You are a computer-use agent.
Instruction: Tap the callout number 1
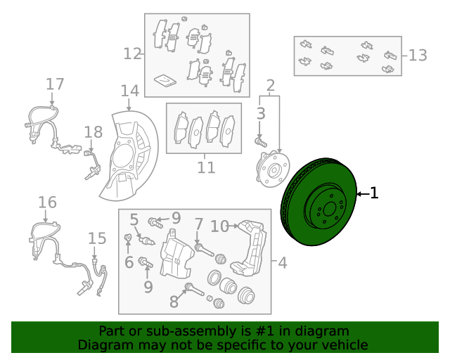click(x=374, y=193)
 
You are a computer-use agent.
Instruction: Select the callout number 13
click(x=418, y=55)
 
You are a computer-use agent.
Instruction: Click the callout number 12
click(x=133, y=53)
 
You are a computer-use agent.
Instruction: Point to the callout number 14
click(x=129, y=91)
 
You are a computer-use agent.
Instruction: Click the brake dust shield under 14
click(x=129, y=155)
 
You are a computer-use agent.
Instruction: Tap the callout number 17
click(x=55, y=84)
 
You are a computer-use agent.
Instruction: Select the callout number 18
click(x=94, y=132)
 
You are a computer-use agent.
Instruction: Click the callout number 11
click(x=206, y=167)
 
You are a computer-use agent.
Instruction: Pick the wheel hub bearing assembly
click(x=273, y=170)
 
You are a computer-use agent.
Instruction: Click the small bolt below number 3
click(x=261, y=142)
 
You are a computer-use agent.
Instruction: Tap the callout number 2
click(x=270, y=86)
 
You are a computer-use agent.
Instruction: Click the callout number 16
click(x=47, y=202)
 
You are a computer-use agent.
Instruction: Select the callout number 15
click(x=97, y=238)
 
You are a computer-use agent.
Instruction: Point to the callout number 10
click(x=220, y=226)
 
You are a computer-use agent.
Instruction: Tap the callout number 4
click(x=283, y=263)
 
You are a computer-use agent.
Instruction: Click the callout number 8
click(x=174, y=302)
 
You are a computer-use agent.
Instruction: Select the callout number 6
click(x=129, y=262)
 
